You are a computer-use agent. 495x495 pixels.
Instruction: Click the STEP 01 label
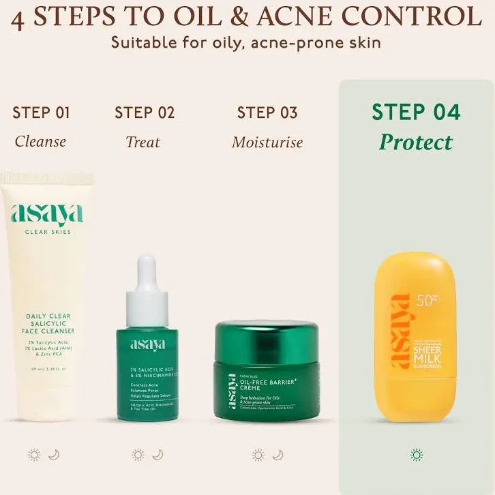point(41,112)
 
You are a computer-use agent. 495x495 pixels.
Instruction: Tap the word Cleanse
point(41,142)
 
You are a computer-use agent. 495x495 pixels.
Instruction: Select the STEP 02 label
point(145,112)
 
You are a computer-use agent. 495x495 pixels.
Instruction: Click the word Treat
point(143,142)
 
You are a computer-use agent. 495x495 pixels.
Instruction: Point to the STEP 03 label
point(267,112)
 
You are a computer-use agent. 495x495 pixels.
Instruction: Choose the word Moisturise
point(267,142)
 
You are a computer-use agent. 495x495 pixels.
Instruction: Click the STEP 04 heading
point(416,112)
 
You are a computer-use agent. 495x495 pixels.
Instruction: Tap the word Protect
point(416,142)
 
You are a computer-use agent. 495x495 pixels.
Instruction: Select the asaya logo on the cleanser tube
point(47,214)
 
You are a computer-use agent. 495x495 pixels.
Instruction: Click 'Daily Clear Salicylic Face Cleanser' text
point(48,323)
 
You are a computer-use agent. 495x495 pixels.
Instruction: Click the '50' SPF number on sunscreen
point(423,301)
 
